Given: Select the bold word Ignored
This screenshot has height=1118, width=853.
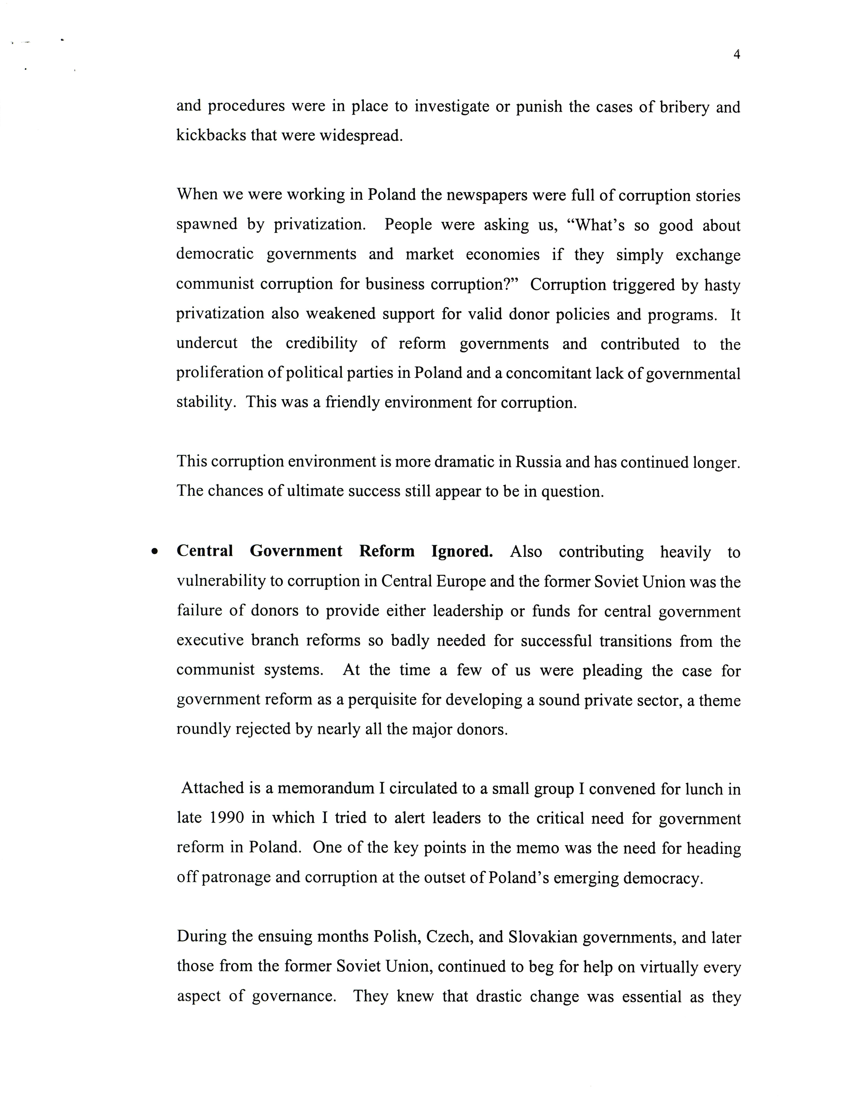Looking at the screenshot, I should (x=462, y=551).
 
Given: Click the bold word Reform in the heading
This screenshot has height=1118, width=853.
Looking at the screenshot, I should (x=387, y=551).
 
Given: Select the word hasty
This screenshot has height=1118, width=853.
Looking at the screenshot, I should (x=722, y=285).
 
